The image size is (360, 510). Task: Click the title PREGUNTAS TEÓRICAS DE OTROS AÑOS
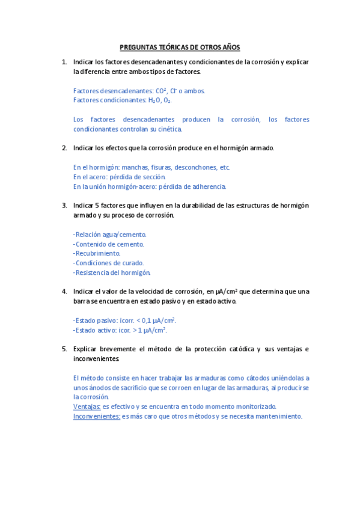[x=180, y=46]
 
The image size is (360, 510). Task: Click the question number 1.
[x=64, y=62]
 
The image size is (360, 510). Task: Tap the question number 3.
[x=64, y=205]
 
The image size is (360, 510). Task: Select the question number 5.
[x=64, y=349]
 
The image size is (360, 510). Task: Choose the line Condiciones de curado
[x=108, y=263]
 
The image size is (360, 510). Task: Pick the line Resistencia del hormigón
[x=111, y=272]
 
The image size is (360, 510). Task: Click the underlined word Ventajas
[x=87, y=407]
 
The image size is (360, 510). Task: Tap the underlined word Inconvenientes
[x=97, y=416]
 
